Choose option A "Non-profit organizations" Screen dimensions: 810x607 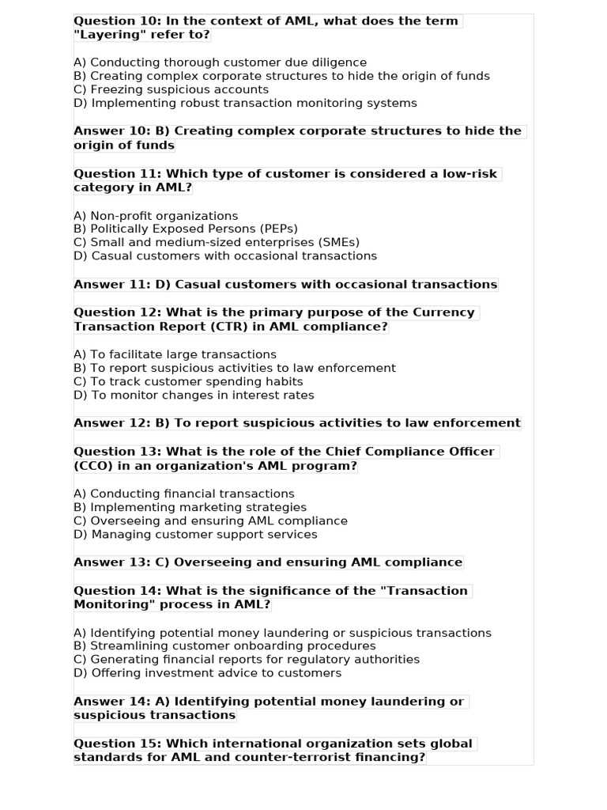tap(156, 216)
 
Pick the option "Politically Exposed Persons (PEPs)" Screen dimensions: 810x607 tap(186, 229)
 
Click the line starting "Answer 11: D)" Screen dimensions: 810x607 tap(285, 285)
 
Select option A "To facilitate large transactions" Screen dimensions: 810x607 tap(175, 354)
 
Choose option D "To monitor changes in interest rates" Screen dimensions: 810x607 tap(194, 395)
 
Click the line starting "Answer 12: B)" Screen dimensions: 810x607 tap(297, 423)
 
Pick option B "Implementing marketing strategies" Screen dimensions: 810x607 tap(190, 507)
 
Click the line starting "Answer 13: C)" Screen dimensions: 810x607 tap(268, 562)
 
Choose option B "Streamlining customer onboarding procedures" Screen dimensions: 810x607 tap(224, 645)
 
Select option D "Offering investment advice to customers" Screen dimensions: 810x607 tap(207, 673)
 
